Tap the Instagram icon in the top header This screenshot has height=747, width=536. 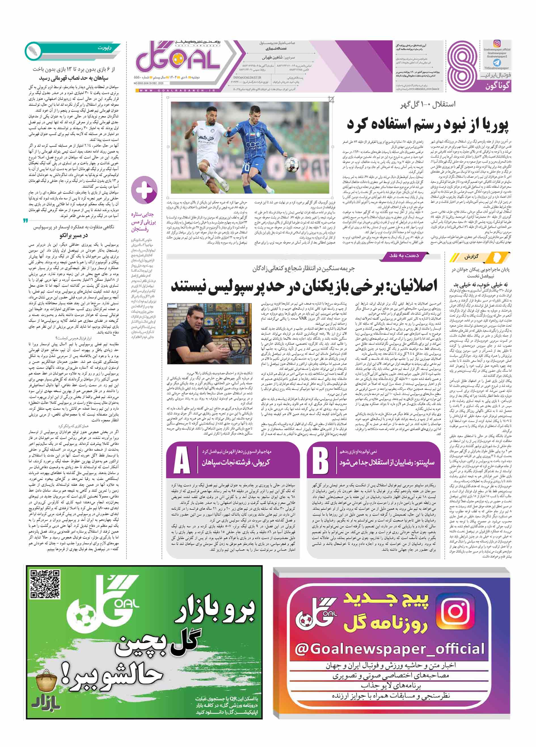point(497,43)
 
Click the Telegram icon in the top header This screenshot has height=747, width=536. point(497,62)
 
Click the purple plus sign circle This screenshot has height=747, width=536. point(144,190)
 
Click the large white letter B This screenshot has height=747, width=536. point(320,460)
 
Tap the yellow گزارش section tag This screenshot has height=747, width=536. point(480,257)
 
